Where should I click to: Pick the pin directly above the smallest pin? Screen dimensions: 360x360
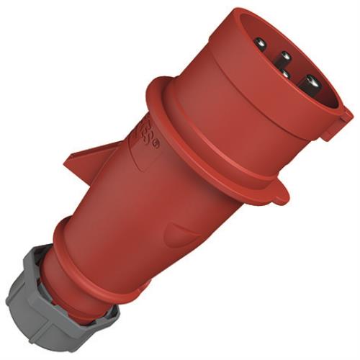284,55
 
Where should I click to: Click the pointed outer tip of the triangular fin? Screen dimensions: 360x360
63,163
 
